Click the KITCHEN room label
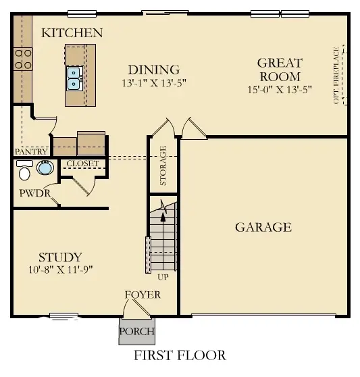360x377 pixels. (72, 32)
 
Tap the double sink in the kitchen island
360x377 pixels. (74, 78)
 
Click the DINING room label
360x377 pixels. (154, 70)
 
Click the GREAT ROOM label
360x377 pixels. (280, 70)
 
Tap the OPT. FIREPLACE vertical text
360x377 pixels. (336, 76)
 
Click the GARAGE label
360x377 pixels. (263, 227)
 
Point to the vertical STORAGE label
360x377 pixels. (163, 166)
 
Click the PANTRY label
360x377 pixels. (30, 152)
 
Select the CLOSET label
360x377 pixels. (82, 164)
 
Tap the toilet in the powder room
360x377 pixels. (24, 174)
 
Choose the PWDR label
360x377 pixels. (30, 194)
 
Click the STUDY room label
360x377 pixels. (59, 257)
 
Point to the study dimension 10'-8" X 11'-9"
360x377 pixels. (59, 269)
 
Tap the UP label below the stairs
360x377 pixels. (162, 278)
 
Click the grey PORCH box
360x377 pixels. (136, 331)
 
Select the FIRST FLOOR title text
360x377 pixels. (179, 355)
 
